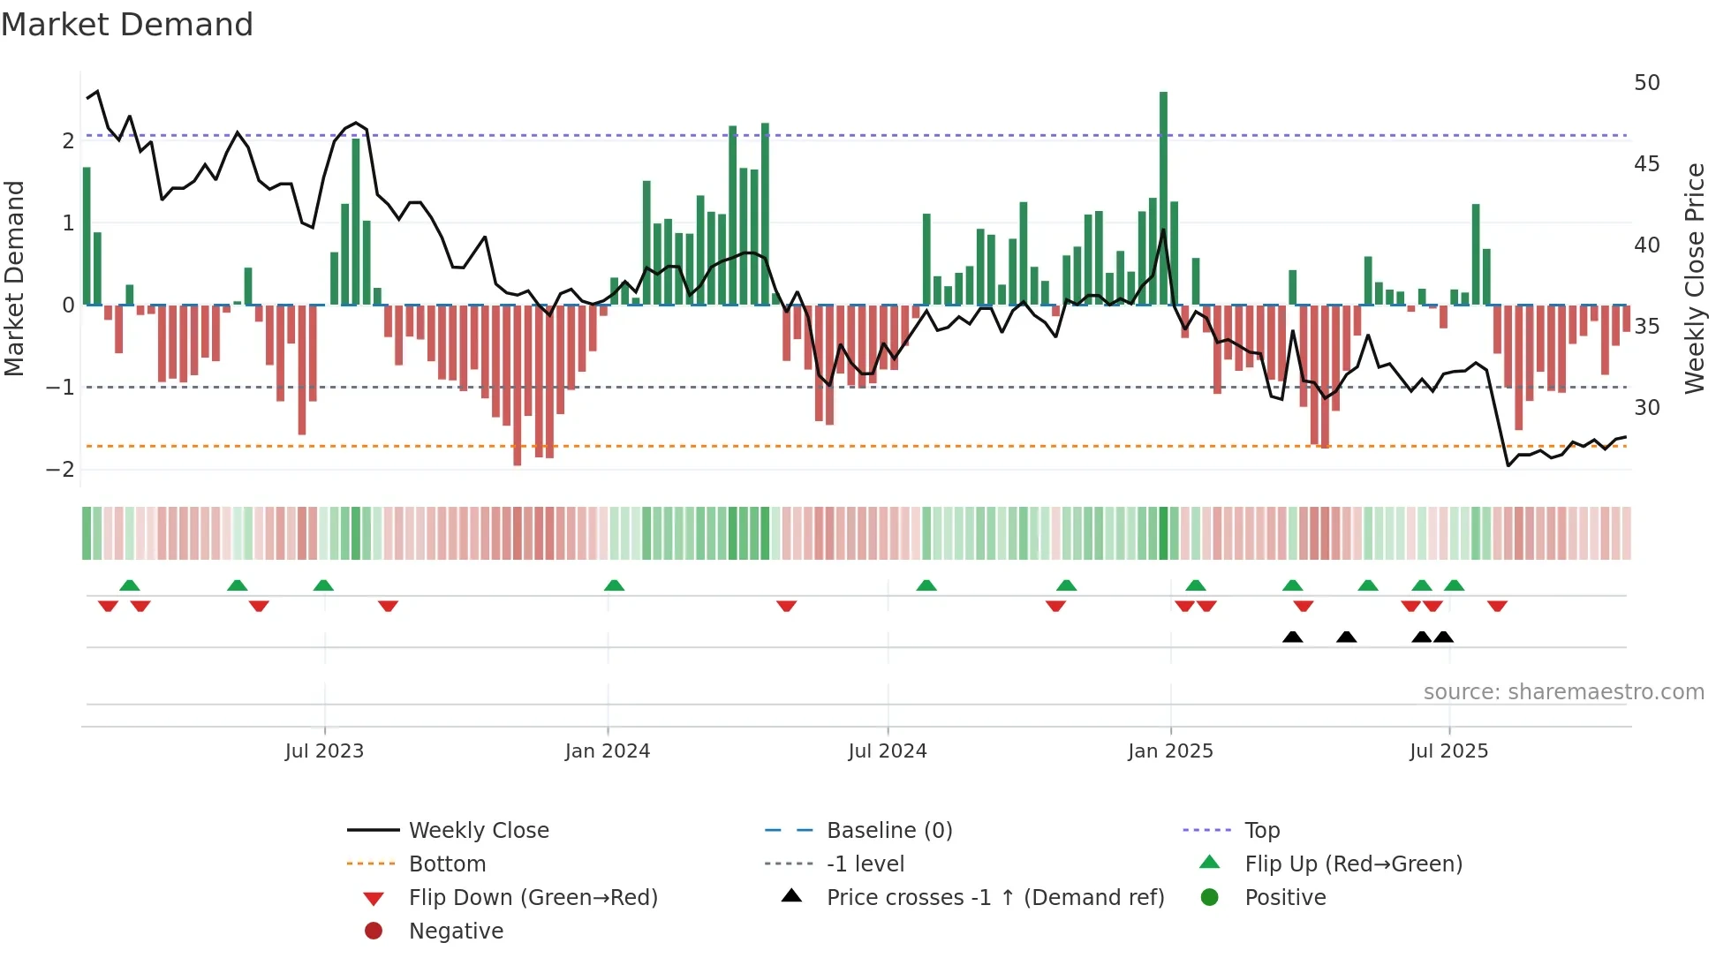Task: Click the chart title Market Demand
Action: click(x=127, y=25)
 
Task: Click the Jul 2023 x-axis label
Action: click(x=324, y=751)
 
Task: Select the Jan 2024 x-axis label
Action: click(x=608, y=751)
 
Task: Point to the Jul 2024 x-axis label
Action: click(x=888, y=751)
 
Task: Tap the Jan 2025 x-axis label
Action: click(x=1170, y=751)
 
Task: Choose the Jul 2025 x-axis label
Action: click(x=1449, y=751)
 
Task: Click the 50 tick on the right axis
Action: click(x=1647, y=83)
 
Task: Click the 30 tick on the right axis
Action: click(x=1647, y=408)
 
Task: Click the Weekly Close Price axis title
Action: click(x=1694, y=278)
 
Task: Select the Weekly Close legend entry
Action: click(x=479, y=831)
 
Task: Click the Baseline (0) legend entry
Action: click(x=889, y=831)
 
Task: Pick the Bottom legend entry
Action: click(x=447, y=864)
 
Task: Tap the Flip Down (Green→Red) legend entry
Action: click(x=533, y=898)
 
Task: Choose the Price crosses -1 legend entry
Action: click(x=995, y=898)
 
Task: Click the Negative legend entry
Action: click(x=456, y=932)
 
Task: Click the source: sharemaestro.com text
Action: click(x=1563, y=692)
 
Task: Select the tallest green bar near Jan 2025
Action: click(x=1163, y=199)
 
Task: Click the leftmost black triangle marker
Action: click(x=1292, y=637)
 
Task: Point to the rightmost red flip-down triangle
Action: click(x=1497, y=606)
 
